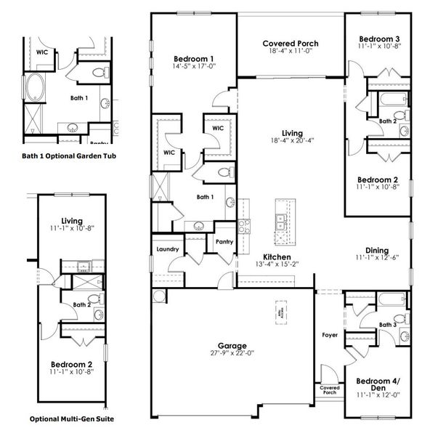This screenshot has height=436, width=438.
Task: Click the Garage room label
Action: click(233, 345)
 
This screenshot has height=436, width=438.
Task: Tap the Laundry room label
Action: click(168, 249)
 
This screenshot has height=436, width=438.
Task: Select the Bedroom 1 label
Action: click(194, 59)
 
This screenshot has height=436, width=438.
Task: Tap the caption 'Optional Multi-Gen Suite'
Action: click(71, 419)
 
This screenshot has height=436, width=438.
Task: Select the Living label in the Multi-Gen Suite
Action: click(73, 220)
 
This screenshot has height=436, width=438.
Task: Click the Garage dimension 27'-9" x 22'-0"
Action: click(233, 354)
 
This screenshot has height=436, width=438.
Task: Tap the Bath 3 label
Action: click(386, 325)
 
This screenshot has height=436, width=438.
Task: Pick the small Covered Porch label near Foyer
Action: click(330, 391)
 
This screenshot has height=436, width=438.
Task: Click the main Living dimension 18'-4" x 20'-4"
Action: click(292, 142)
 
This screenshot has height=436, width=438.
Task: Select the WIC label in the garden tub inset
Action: click(43, 52)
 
